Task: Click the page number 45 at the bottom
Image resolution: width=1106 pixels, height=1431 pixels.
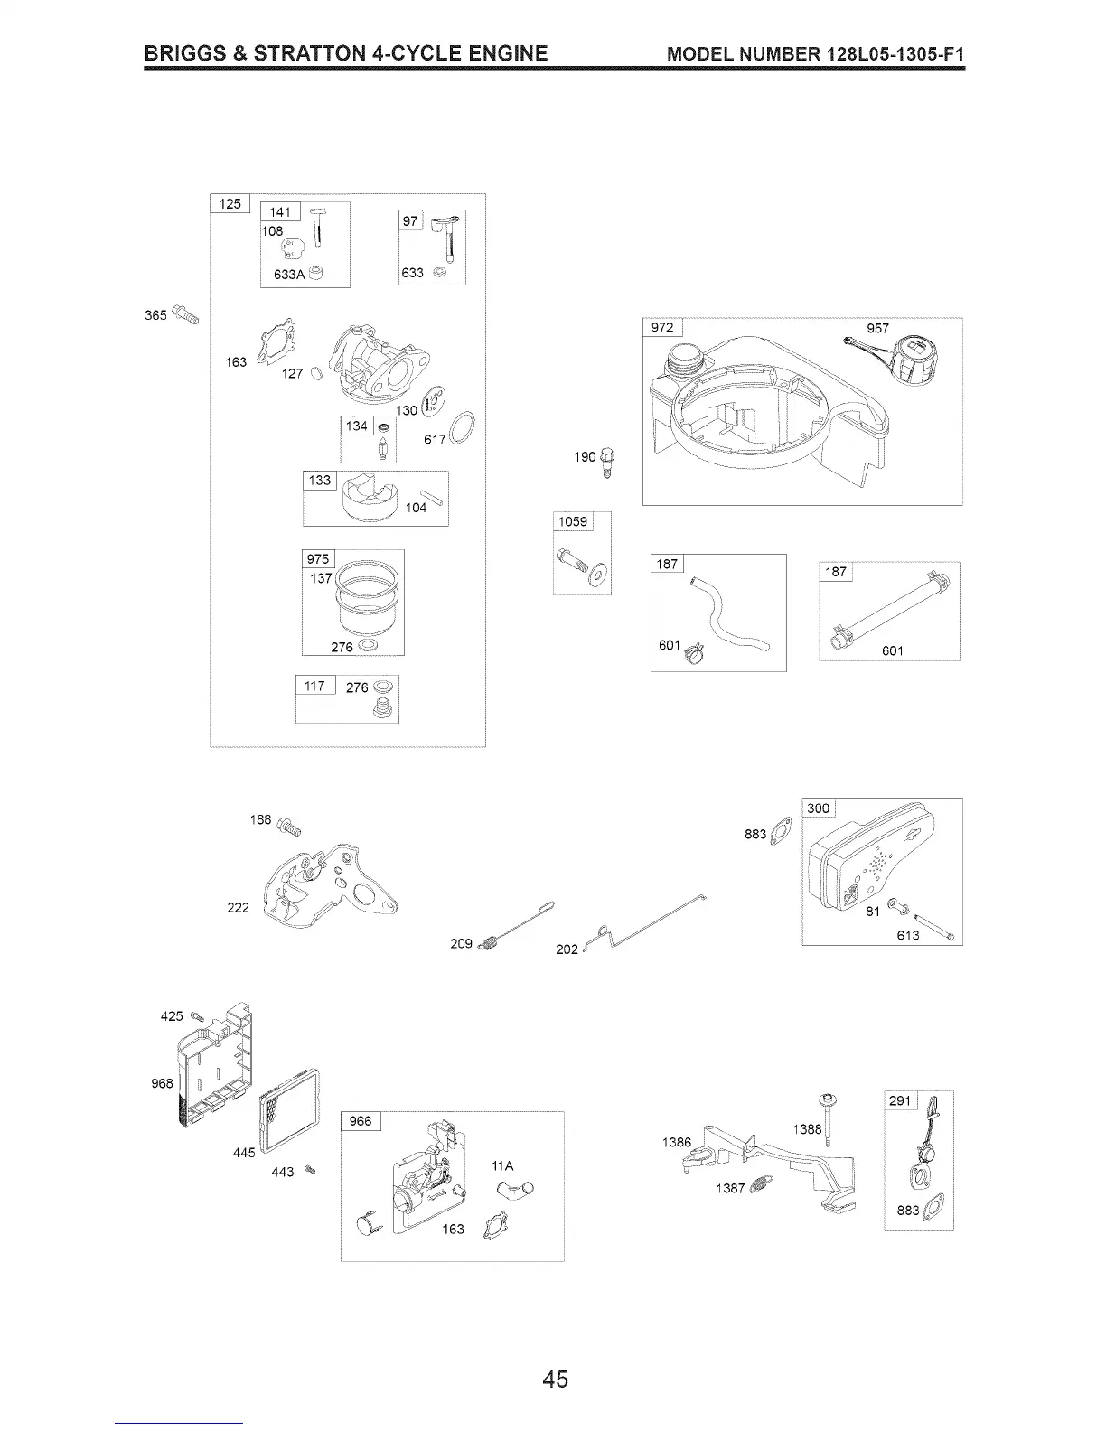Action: tap(555, 1380)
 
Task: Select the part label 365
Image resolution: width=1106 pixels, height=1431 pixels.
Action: tap(155, 314)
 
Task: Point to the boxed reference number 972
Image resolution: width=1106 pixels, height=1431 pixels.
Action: tap(662, 327)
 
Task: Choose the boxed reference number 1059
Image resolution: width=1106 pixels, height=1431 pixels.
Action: tap(572, 521)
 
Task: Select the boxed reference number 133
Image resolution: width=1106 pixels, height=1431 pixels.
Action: tap(320, 480)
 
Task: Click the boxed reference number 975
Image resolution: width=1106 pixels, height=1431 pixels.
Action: tap(318, 558)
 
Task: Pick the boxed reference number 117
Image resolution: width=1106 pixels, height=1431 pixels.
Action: tap(314, 686)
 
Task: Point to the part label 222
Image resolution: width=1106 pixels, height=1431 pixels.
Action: tap(238, 908)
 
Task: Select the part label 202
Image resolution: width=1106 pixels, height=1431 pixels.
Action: tap(567, 949)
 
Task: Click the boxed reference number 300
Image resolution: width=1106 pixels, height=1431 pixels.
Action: tap(818, 808)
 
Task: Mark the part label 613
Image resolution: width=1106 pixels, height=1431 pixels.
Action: tap(907, 935)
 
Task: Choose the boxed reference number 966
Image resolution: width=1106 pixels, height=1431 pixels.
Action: tap(360, 1121)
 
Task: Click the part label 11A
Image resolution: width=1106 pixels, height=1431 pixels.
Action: tap(502, 1165)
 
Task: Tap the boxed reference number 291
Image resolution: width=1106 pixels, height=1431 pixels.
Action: tap(900, 1100)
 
